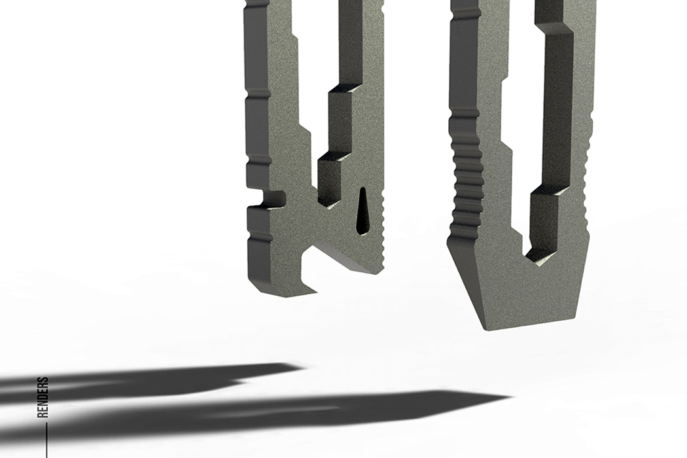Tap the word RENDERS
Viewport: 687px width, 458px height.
coord(43,397)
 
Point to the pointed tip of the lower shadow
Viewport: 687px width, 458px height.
coord(510,398)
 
